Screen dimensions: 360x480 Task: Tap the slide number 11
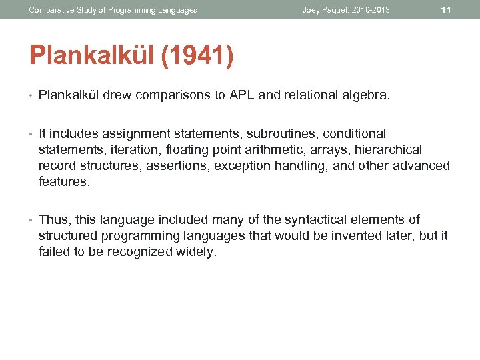[x=446, y=10]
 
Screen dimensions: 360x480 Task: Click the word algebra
[x=365, y=95]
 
